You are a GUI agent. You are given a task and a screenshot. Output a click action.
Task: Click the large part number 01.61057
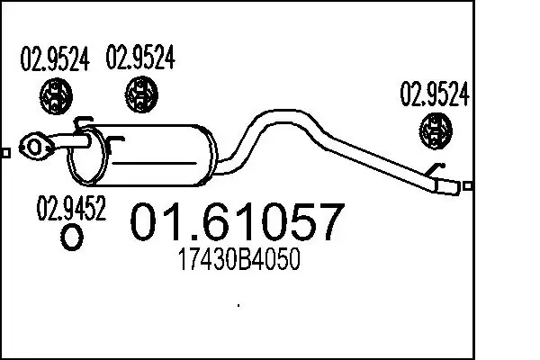pos(238,222)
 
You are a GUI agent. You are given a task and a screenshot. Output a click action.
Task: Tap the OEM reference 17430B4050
pos(239,259)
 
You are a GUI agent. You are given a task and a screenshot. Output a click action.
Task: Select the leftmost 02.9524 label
pos(55,58)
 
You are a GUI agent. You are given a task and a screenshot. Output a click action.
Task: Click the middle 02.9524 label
pos(140,58)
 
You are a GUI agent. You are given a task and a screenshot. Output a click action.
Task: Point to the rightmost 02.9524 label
pos(435,94)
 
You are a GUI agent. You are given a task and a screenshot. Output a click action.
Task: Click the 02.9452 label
pos(71,208)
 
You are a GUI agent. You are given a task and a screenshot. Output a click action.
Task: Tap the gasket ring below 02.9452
pos(72,237)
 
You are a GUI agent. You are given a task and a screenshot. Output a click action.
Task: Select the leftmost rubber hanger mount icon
pos(56,96)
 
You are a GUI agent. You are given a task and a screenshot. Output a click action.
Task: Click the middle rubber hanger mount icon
pos(141,94)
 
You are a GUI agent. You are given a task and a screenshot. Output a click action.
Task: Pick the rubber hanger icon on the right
pos(436,130)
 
